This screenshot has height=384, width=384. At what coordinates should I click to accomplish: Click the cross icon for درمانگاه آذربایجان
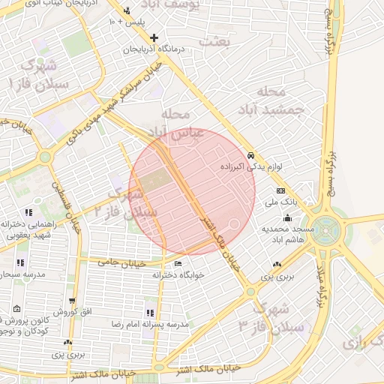click(154, 37)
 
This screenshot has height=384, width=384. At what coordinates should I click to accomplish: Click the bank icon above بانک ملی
click(280, 191)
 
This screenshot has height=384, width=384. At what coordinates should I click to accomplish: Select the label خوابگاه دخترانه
click(177, 275)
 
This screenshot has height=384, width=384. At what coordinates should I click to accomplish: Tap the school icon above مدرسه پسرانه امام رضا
click(151, 313)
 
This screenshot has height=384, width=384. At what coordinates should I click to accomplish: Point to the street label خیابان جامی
click(115, 262)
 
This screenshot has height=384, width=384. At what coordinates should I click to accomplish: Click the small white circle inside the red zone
click(235, 223)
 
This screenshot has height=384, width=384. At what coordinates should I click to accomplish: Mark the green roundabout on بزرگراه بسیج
click(328, 226)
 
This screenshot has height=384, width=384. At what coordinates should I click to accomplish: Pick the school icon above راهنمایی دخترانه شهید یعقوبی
click(28, 213)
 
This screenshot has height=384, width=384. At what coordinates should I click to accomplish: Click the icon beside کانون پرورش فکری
click(16, 309)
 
